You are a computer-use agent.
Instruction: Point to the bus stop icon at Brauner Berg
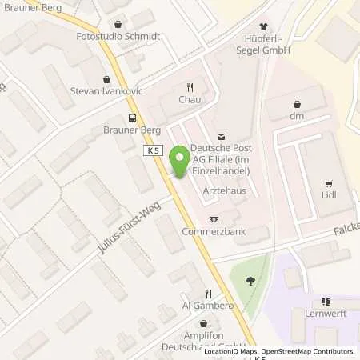click(132, 118)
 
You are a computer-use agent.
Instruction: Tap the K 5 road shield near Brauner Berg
click(154, 150)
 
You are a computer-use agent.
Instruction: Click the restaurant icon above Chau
click(190, 88)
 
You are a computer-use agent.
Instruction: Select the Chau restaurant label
click(190, 101)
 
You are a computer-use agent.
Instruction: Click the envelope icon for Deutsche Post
click(222, 137)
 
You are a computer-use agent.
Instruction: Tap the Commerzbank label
click(214, 232)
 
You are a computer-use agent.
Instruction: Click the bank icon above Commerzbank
click(214, 219)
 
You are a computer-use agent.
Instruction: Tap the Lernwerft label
click(325, 315)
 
